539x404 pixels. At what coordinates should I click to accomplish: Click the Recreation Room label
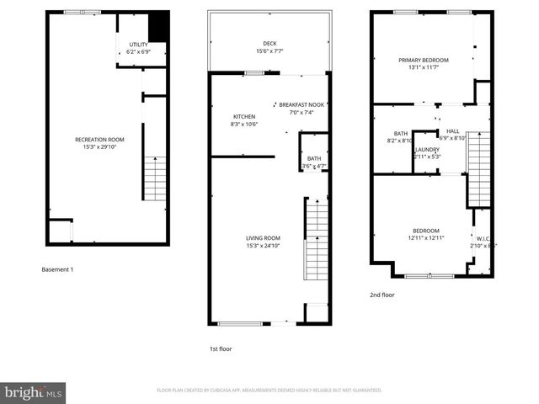coord(99,139)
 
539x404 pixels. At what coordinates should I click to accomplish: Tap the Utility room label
coord(138,44)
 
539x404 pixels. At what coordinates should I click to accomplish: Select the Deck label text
coord(269,44)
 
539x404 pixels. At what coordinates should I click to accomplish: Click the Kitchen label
coord(245,116)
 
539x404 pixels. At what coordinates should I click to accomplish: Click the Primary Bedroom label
coord(424,60)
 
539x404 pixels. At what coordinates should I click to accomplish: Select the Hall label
coord(453,130)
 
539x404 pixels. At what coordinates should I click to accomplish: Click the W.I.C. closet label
coord(483,238)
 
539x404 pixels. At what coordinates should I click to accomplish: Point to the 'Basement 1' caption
coord(58,269)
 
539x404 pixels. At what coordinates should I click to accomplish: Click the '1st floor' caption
coord(221,348)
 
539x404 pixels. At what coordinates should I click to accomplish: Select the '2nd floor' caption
coord(382,295)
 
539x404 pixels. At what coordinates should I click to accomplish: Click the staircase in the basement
coord(155,178)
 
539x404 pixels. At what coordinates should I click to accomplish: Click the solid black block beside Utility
coord(158,28)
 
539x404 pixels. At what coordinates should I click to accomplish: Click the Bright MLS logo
coord(34,392)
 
